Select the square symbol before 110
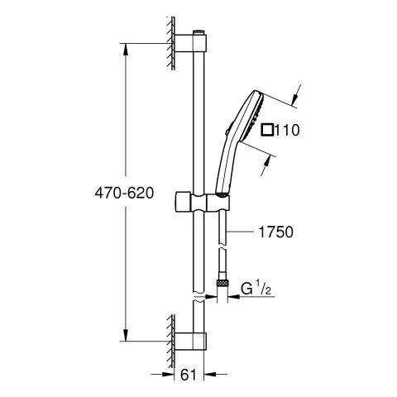click(266, 130)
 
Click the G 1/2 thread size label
click(258, 289)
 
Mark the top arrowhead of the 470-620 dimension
click(126, 49)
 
